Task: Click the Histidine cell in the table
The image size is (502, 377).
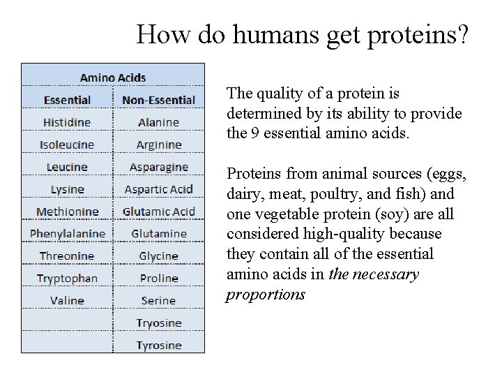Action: [x=67, y=122]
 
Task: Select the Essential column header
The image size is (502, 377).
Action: [x=67, y=100]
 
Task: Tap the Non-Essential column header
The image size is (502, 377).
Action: [x=158, y=100]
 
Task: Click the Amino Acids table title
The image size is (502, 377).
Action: [x=113, y=77]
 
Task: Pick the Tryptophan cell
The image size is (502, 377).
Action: [x=67, y=279]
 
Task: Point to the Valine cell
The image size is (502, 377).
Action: [x=67, y=301]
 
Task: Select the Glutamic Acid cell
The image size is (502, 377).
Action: [x=158, y=212]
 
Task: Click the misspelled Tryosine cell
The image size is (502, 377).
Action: [x=158, y=323]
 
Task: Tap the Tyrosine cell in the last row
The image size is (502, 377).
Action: [x=158, y=346]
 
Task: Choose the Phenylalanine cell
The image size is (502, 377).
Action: [x=67, y=234]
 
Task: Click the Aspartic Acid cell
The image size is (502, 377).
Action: [x=158, y=189]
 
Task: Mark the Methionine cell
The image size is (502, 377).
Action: [x=67, y=212]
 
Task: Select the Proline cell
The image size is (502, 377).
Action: [x=158, y=279]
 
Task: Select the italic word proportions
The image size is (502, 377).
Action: [x=266, y=295]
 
